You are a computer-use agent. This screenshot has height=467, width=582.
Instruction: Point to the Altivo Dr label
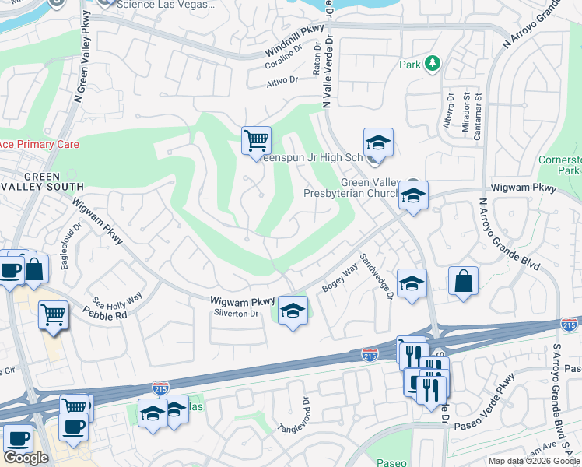click(282, 80)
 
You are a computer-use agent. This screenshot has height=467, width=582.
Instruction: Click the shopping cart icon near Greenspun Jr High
click(256, 142)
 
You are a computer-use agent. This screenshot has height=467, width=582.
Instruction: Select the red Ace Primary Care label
click(39, 144)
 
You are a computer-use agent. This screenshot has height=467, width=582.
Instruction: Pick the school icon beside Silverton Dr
click(292, 311)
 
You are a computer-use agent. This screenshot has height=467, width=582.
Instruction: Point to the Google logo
click(26, 458)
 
